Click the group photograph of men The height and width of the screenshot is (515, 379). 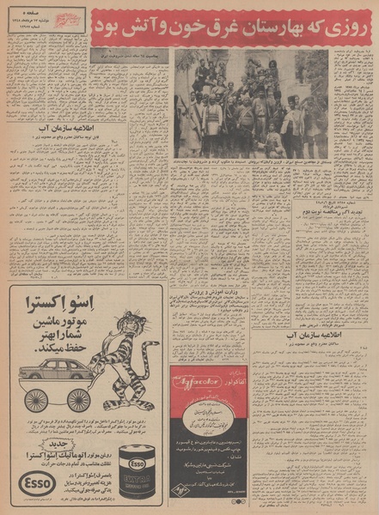(x=251, y=103)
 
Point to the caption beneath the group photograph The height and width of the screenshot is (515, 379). (x=251, y=161)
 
